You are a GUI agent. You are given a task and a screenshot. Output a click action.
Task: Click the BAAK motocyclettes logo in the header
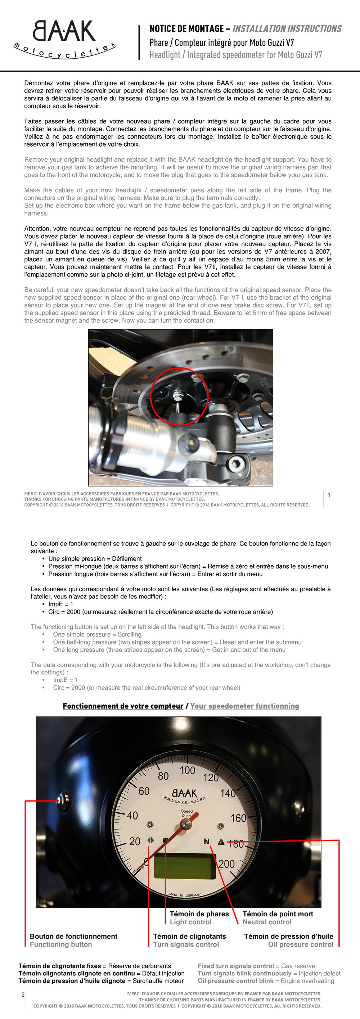[x=64, y=39]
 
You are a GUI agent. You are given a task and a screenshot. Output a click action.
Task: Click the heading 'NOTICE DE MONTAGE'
[x=187, y=28]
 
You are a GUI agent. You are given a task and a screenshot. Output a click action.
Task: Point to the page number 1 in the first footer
[x=329, y=495]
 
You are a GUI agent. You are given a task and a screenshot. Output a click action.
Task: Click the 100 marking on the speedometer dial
[x=187, y=770]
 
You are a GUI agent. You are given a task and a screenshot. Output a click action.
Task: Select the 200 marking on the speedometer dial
[x=226, y=864]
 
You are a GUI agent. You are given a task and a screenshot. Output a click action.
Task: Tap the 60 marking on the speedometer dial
[x=144, y=791]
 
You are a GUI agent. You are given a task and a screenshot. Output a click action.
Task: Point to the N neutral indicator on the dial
[x=206, y=841]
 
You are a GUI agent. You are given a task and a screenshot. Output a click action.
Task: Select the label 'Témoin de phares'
[x=199, y=914]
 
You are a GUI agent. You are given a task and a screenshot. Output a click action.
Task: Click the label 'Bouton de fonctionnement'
[x=73, y=936]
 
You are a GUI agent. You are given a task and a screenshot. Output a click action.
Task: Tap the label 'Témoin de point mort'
[x=278, y=914]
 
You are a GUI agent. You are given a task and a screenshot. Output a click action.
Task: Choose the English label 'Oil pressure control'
[x=301, y=944]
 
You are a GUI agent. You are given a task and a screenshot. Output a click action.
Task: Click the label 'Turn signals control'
[x=186, y=944]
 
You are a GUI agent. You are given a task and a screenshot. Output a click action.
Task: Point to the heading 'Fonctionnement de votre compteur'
[x=123, y=706]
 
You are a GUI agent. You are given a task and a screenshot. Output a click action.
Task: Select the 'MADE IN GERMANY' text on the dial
[x=185, y=895]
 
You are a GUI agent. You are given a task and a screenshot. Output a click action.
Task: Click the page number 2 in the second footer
[x=23, y=995]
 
